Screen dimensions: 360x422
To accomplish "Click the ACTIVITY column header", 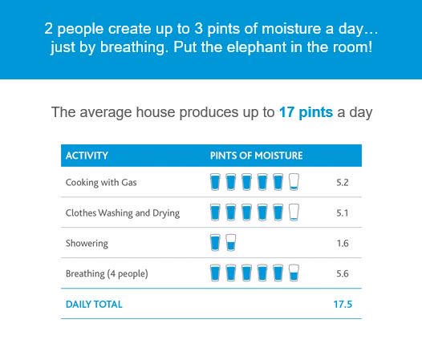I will (87, 156).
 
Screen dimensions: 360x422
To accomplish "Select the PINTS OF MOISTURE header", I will (256, 156).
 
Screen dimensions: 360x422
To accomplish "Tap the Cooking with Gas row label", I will (101, 183).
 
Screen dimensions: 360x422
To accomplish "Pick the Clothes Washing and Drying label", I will (122, 213).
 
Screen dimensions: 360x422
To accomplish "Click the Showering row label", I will (87, 243).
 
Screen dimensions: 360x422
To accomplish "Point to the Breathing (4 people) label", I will (107, 274).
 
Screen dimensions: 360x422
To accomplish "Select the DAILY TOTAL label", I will (94, 305).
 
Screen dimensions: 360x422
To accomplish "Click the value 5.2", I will (343, 183).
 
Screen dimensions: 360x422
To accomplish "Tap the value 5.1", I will (343, 213).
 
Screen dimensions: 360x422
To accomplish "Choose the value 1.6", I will (343, 243).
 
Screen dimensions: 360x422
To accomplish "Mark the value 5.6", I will (343, 274).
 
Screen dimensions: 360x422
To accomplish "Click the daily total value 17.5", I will (343, 305).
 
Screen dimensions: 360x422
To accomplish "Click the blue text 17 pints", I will (306, 111).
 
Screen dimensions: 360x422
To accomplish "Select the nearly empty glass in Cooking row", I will (294, 182).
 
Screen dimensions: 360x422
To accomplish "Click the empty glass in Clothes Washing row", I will (294, 212).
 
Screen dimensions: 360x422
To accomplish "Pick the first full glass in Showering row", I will (215, 243).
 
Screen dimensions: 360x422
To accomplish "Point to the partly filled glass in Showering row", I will (230, 243).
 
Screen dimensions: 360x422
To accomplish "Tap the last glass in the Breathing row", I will (294, 273).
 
